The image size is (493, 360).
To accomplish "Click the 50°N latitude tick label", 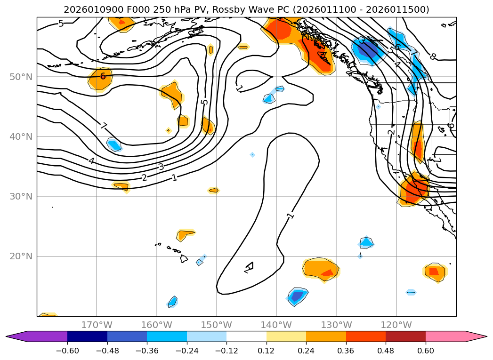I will pos(21,77).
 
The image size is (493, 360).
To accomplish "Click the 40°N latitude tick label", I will pos(21,136).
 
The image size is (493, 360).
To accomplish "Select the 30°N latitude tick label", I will pos(21,196).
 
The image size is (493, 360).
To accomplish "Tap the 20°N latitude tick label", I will pos(21,256).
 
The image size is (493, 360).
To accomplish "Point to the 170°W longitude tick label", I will pos(97,325).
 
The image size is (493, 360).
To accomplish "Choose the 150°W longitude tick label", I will pos(217,325).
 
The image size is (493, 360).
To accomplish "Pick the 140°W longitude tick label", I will pos(276,325).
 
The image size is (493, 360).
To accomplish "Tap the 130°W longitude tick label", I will pos(336,325).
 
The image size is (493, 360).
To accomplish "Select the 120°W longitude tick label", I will pos(396,325).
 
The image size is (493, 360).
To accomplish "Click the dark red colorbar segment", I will pos(405,336).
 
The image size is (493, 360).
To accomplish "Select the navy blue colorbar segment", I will pos(87,336).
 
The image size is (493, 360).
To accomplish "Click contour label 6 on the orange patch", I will pos(103,76).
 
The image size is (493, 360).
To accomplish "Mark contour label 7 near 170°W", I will pos(104,126).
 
